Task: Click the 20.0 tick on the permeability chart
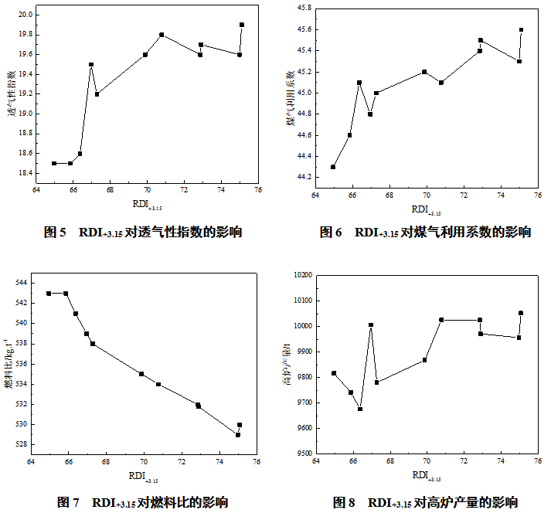[x=22, y=15]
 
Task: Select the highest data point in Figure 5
[x=242, y=25]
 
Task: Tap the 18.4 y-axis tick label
[x=22, y=173]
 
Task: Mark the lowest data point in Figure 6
[x=333, y=167]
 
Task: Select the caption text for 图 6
[x=425, y=232]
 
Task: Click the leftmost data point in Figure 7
[x=49, y=294]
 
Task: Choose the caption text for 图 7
[x=143, y=502]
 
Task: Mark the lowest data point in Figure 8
[x=360, y=409]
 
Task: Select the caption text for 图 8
[x=425, y=502]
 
